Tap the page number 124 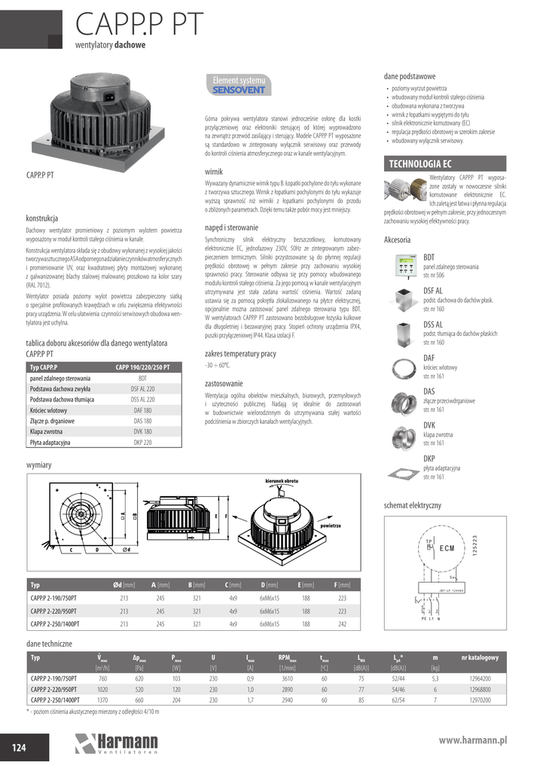coord(19,746)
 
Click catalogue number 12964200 coord(479,678)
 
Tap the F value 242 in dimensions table coord(342,623)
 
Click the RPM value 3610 coord(287,678)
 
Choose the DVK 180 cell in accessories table coord(142,431)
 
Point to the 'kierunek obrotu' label coord(282,480)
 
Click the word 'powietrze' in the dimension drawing coord(331,525)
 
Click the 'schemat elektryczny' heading coord(412,504)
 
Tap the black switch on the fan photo coord(111,96)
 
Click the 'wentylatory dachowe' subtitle coord(110,45)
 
